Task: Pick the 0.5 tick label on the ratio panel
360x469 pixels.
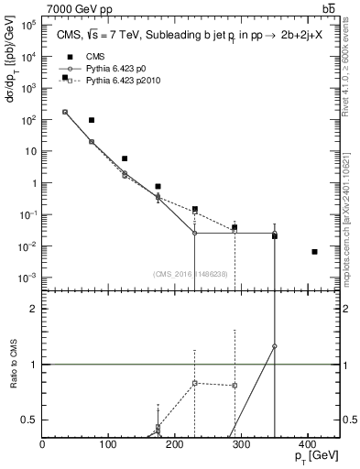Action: point(27,420)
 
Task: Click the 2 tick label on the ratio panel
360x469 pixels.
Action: point(32,309)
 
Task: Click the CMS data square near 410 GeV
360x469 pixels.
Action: point(314,252)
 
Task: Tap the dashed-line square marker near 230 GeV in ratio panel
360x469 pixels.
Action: point(195,382)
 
